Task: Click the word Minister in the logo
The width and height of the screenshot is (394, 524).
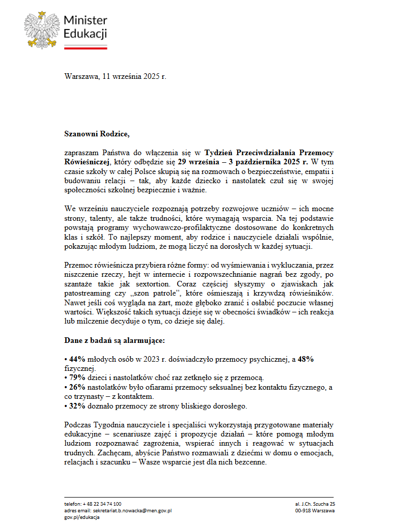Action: coord(85,20)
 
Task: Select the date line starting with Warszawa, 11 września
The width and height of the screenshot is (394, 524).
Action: coord(115,77)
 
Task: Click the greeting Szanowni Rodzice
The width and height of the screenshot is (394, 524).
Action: coord(97,134)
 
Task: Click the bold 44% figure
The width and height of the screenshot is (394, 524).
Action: coord(76,359)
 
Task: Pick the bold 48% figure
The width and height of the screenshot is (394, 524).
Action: coord(305,359)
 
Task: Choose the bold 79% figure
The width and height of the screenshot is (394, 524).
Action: coord(76,377)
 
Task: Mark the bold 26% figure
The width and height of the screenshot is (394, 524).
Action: coord(76,387)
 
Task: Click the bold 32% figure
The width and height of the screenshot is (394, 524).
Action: coord(76,406)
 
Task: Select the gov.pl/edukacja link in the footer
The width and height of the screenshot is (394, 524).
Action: coord(82,517)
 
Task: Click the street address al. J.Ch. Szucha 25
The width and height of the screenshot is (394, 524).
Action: coord(315,503)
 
